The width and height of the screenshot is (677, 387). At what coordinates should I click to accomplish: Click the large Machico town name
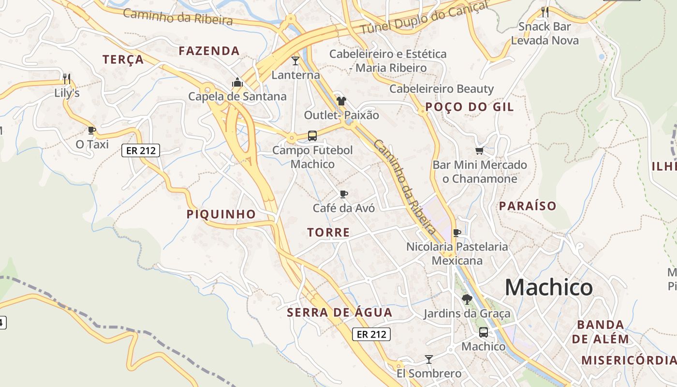pos(548,287)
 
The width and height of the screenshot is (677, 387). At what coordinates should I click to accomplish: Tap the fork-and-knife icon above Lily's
pos(67,78)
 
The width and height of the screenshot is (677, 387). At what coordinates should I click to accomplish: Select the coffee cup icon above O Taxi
pos(92,130)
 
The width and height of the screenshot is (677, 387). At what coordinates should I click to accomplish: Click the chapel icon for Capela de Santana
pos(237,83)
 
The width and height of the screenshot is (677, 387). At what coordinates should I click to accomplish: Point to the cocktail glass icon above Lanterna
pos(295,60)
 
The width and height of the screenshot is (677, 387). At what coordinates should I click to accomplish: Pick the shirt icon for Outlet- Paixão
pos(341,101)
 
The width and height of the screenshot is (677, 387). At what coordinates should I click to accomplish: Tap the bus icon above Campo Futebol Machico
pos(312,135)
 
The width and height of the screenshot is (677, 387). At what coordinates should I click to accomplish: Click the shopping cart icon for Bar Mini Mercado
pos(480,151)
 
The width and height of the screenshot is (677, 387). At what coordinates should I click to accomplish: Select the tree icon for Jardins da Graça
pos(467,299)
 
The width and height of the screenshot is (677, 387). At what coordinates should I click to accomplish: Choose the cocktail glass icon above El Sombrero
pos(428,359)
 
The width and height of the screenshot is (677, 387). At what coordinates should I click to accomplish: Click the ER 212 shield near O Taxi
pos(141,150)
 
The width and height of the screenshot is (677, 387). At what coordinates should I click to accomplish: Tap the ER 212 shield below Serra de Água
pos(371,334)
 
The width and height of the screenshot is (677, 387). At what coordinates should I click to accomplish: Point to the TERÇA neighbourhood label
pos(123,60)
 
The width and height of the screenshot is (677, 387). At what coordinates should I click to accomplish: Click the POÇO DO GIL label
pos(469,107)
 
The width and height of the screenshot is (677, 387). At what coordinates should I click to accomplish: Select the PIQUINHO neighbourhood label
pos(221,214)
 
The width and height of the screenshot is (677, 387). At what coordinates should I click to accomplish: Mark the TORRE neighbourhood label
pos(328,232)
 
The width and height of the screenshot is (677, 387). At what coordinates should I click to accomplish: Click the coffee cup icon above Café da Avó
pos(344,194)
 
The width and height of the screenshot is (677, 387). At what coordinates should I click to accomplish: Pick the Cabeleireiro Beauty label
pos(442,89)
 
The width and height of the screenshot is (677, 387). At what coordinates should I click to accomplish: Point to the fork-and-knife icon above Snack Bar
pos(545,12)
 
